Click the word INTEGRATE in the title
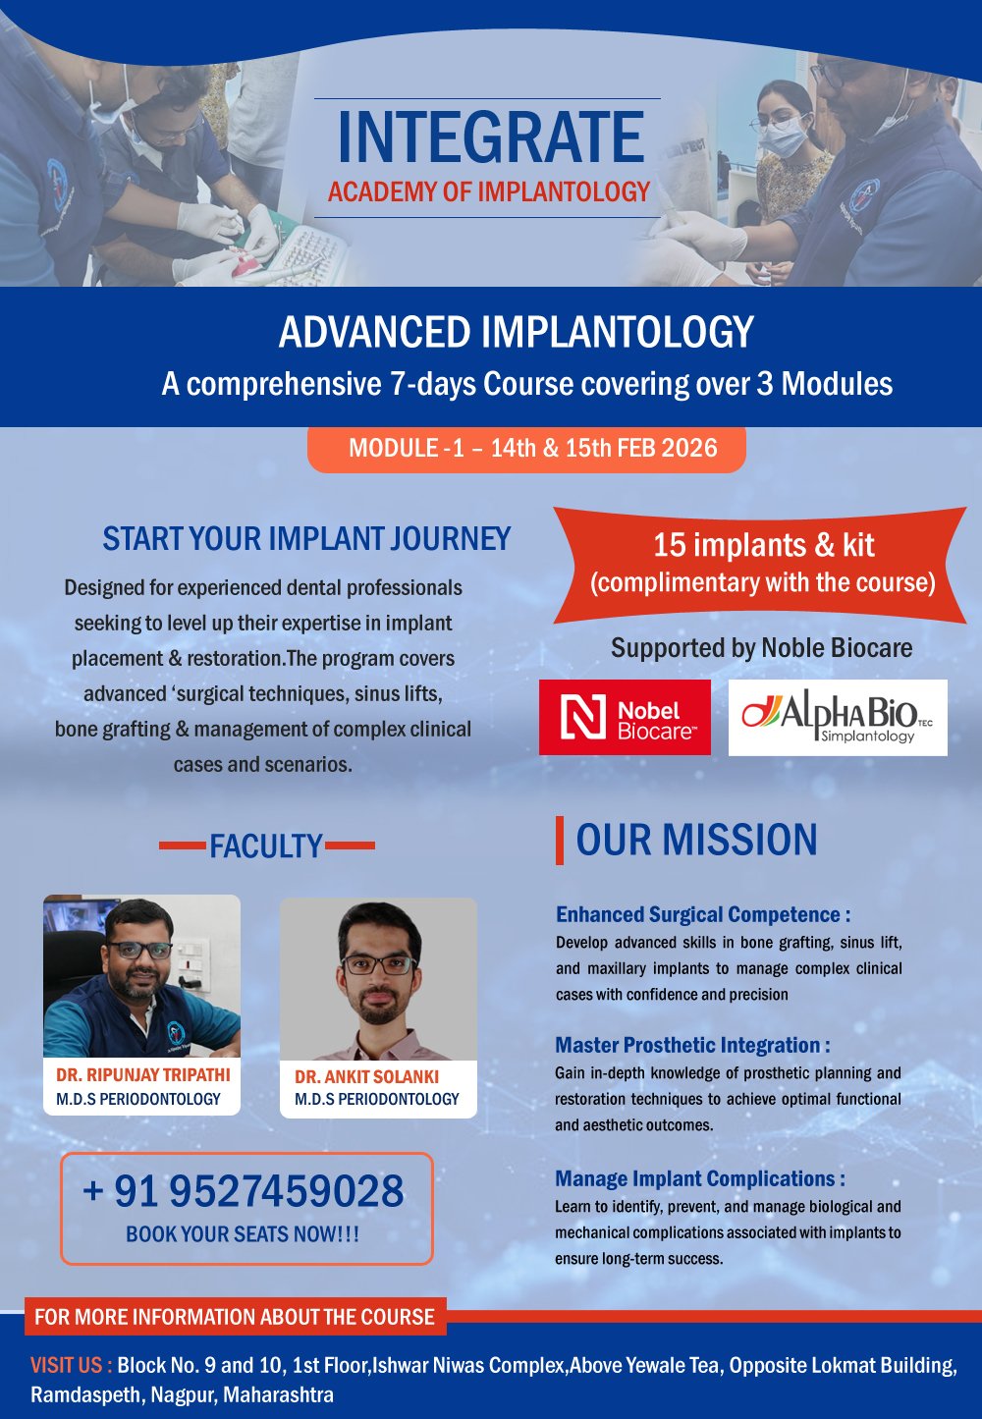pyautogui.click(x=490, y=137)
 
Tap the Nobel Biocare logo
pyautogui.click(x=625, y=718)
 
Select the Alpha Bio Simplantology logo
pyautogui.click(x=838, y=718)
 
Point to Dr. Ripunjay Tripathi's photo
pyautogui.click(x=141, y=976)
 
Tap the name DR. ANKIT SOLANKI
pyautogui.click(x=366, y=1077)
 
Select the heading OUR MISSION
pyautogui.click(x=696, y=841)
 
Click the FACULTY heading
pyautogui.click(x=266, y=846)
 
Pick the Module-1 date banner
pyautogui.click(x=527, y=449)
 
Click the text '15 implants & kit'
pyautogui.click(x=763, y=546)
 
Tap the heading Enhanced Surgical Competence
pyautogui.click(x=702, y=915)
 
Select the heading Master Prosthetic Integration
pyautogui.click(x=692, y=1046)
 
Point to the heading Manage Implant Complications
pyautogui.click(x=699, y=1179)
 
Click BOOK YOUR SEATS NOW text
pyautogui.click(x=243, y=1234)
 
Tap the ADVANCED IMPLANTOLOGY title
pyautogui.click(x=516, y=333)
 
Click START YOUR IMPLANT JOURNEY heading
pyautogui.click(x=306, y=539)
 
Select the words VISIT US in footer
pyautogui.click(x=71, y=1366)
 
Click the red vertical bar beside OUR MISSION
pyautogui.click(x=560, y=841)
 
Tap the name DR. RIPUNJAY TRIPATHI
pyautogui.click(x=143, y=1075)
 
